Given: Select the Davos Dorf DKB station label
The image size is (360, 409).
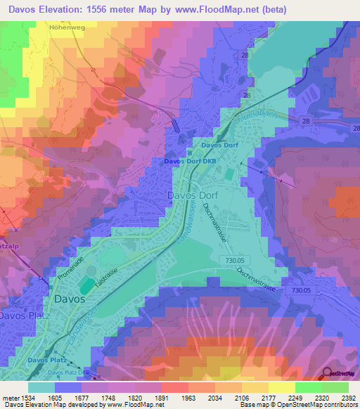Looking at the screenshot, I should click(188, 161).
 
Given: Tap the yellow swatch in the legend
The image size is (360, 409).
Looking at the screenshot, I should click(281, 387).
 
